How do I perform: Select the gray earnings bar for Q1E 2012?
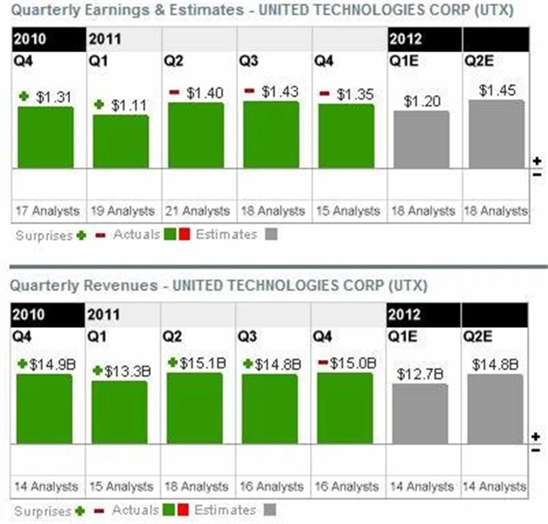pos(420,139)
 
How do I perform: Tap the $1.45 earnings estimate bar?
pos(496,134)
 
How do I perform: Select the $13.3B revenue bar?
pos(120,413)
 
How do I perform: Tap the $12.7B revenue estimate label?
pos(420,373)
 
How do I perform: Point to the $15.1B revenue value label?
pos(201,363)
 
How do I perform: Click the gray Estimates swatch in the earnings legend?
pos(271,235)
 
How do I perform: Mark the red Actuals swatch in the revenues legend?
pos(183,510)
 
